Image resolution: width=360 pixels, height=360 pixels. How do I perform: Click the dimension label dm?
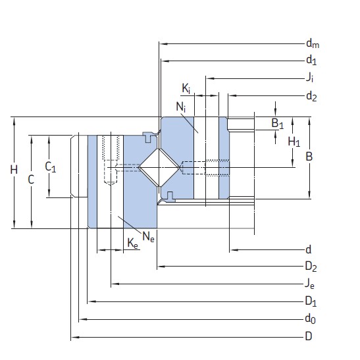[312, 44]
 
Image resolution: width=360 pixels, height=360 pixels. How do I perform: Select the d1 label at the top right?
[311, 61]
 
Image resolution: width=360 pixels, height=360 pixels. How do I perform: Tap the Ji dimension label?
[309, 78]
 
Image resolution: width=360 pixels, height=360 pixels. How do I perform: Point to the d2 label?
[311, 96]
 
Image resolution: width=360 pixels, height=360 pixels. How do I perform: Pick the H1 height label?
[294, 141]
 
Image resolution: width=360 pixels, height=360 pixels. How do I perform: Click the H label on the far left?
[14, 170]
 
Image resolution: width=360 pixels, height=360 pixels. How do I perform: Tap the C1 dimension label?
[51, 167]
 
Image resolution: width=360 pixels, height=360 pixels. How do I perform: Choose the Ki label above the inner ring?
[186, 88]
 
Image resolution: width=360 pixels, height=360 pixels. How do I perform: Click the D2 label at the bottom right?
[311, 267]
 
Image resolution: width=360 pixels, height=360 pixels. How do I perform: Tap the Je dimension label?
[309, 285]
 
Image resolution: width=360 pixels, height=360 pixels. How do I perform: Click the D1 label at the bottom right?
[311, 302]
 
